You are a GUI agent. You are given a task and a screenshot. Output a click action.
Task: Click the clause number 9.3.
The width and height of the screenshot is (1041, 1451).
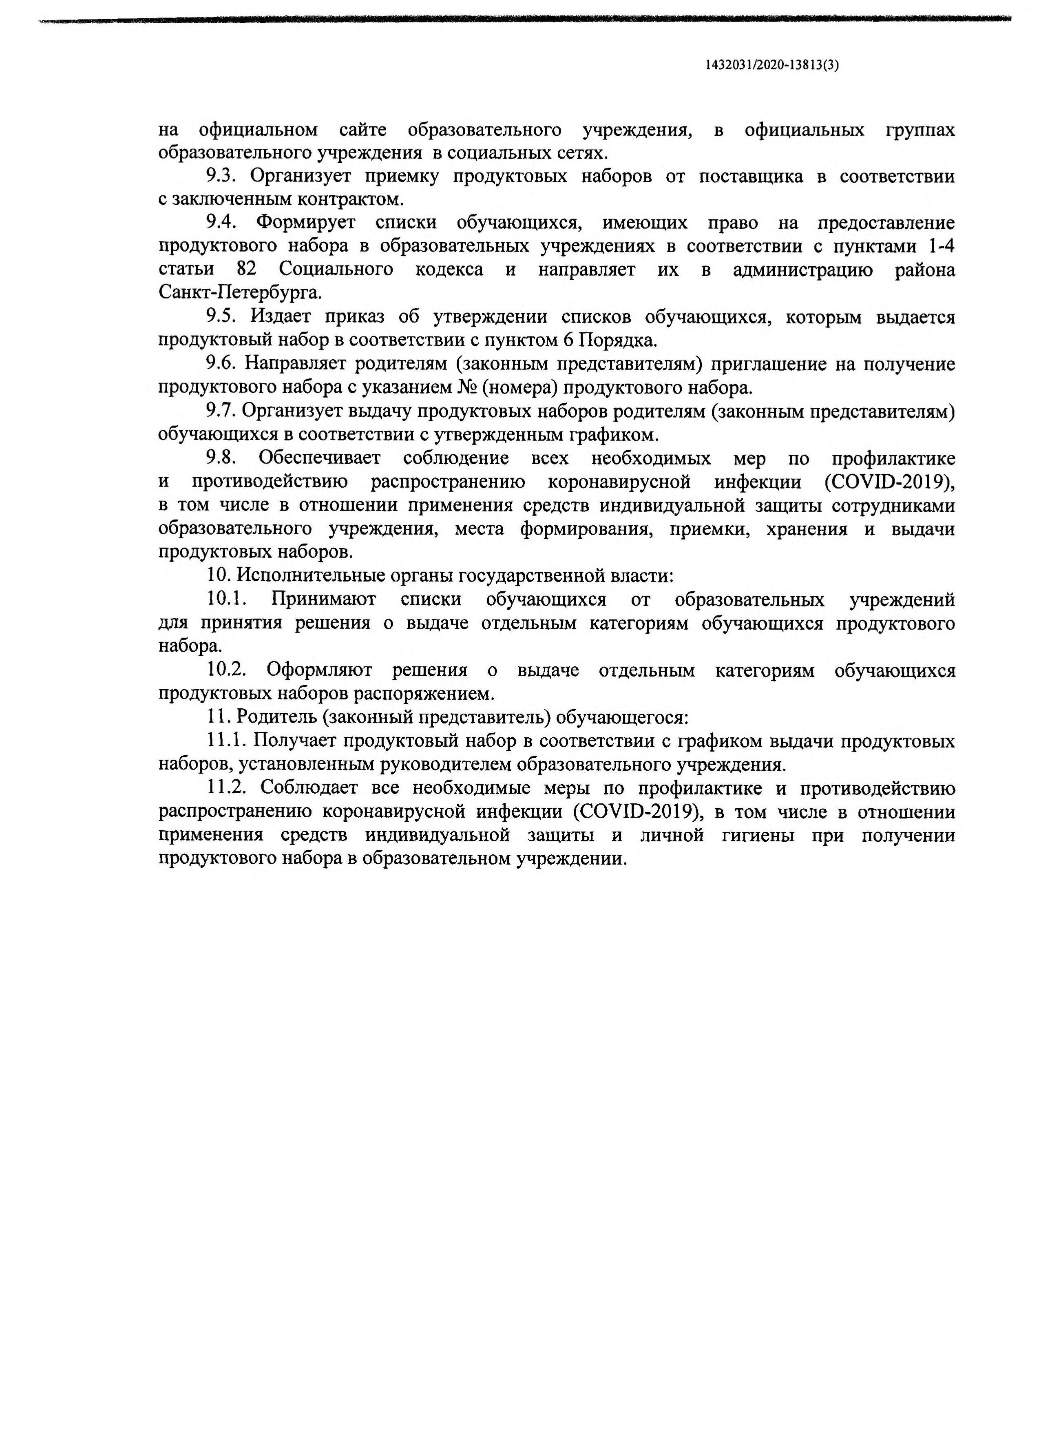pyautogui.click(x=221, y=175)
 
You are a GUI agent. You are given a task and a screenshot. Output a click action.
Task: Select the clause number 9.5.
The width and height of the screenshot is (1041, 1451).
pyautogui.click(x=221, y=317)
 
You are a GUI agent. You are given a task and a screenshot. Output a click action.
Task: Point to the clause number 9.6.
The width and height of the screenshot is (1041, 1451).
pyautogui.click(x=221, y=363)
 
